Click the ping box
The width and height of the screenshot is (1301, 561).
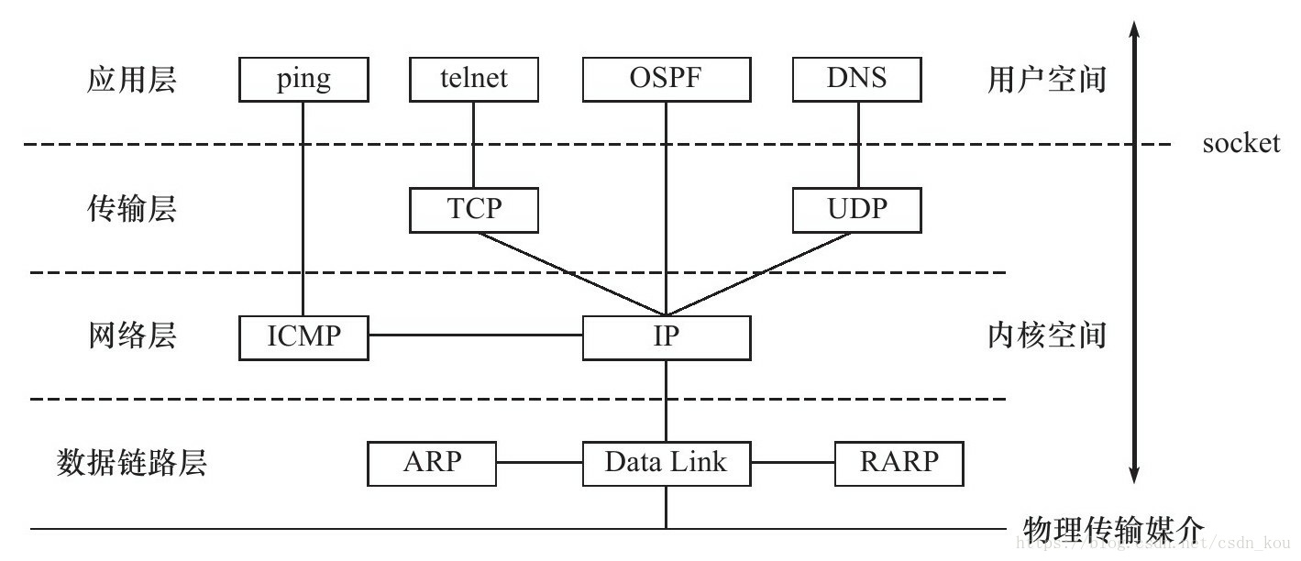click(x=303, y=80)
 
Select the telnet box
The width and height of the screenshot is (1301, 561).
click(x=473, y=80)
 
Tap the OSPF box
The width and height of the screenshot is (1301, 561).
click(x=667, y=80)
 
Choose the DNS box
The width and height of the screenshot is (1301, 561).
click(x=857, y=80)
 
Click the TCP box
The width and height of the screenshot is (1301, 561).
click(x=474, y=210)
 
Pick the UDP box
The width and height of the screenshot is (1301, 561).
click(x=857, y=210)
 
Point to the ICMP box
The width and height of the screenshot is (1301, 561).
click(x=303, y=337)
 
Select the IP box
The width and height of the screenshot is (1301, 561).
click(x=667, y=337)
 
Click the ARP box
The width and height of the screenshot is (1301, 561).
click(x=432, y=463)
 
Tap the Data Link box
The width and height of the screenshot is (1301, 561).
click(x=667, y=463)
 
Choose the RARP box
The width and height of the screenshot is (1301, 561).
click(x=899, y=463)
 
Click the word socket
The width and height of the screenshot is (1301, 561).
click(x=1240, y=144)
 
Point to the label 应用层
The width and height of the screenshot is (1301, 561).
click(x=131, y=81)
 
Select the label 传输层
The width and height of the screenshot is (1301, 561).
click(x=131, y=210)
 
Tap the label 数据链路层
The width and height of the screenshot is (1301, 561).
click(x=132, y=463)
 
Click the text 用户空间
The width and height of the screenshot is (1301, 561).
click(x=1046, y=81)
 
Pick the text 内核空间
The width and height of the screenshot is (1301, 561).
click(x=1046, y=335)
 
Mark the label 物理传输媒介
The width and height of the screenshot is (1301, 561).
click(x=1110, y=528)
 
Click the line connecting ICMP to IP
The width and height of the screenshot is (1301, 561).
click(x=475, y=335)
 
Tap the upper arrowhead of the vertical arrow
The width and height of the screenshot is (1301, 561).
click(x=1134, y=30)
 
